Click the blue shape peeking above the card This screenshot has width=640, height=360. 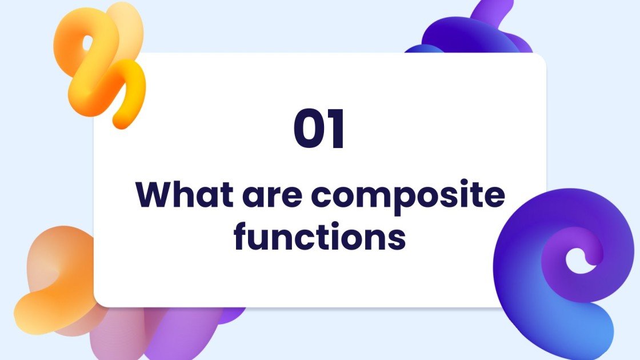pos(474,34)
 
